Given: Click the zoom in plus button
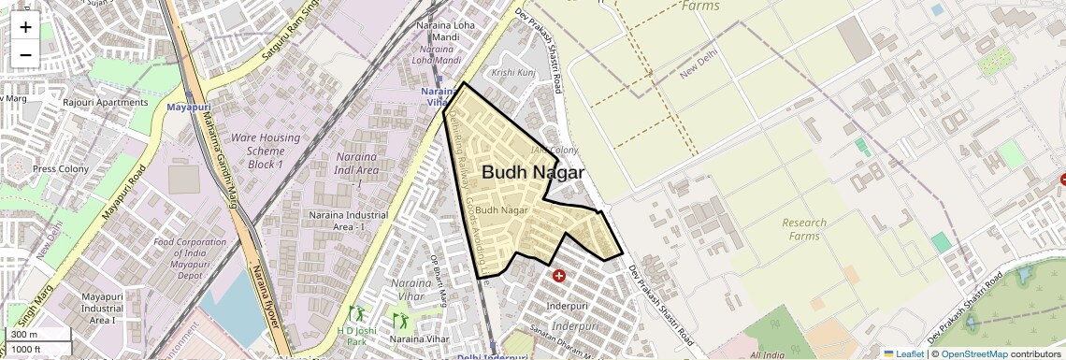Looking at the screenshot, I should pos(25,27).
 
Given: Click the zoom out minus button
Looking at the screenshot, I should pos(25,54).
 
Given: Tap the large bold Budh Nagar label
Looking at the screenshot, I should pos(532,173).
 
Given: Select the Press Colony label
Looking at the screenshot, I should pos(61,169).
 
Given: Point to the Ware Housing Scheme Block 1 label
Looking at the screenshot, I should pos(265,151).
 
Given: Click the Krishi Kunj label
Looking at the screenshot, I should pos(513,72).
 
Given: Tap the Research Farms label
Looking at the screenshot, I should pos(804,229).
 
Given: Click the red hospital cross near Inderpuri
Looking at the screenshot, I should pos(559,276).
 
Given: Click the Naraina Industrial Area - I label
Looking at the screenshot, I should pos(347,221).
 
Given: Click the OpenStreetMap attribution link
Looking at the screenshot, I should pos(973,353).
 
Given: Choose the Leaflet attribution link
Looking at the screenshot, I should pos(903,353).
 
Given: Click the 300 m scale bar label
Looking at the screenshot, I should pos(24,335).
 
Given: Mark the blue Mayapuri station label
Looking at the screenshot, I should pos(189,108).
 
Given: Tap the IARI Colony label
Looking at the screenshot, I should pos(555,150).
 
